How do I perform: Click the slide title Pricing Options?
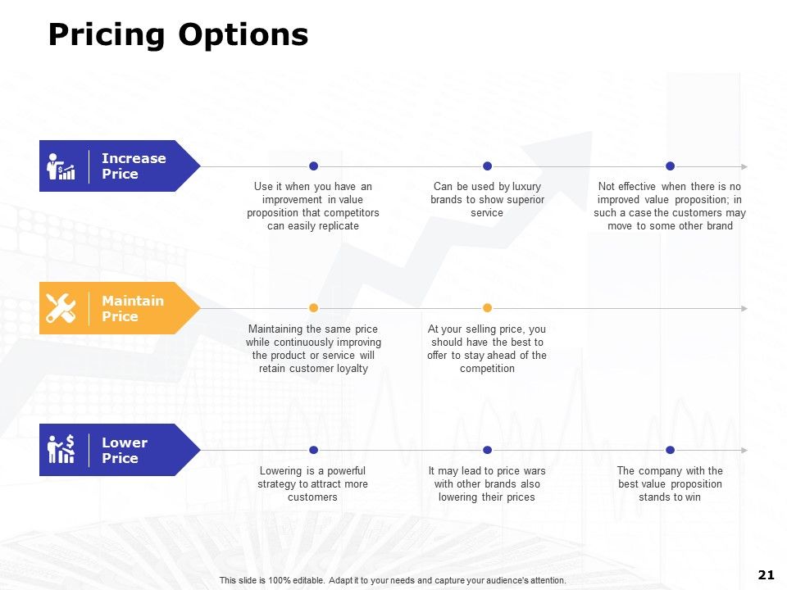178,35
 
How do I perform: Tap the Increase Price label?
133,166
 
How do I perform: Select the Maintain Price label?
132,308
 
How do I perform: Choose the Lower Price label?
124,450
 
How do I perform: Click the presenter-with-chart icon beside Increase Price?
61,166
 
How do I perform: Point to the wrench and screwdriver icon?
61,308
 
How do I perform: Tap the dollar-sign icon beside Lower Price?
61,450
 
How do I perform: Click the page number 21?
767,574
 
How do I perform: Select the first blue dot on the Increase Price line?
313,166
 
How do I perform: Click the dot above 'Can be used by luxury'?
487,166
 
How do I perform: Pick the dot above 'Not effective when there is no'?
670,166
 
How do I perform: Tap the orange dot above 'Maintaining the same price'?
313,308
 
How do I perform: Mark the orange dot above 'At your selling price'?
487,308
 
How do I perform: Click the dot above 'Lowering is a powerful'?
313,450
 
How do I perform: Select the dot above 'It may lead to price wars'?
487,450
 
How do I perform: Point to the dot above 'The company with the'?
670,450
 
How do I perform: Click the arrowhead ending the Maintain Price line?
744,308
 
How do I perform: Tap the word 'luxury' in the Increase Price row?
526,187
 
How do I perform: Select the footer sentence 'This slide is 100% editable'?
393,580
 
